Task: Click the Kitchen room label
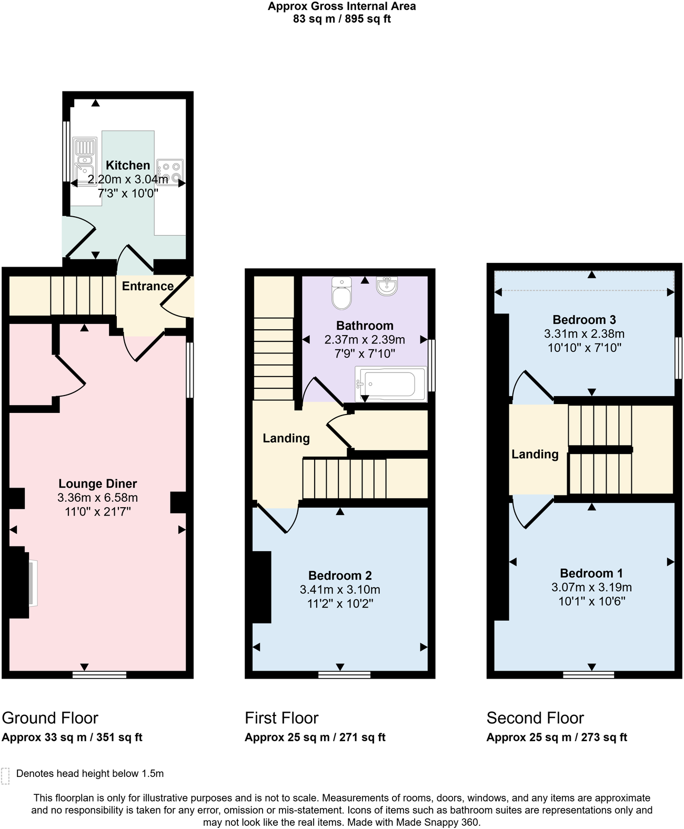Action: (128, 165)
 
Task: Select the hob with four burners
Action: (170, 171)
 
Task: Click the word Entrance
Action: (147, 286)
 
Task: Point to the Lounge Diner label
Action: (97, 483)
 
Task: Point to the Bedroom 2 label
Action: (340, 575)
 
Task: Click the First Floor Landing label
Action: (286, 438)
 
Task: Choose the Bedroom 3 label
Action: (584, 320)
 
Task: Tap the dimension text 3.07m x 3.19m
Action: (591, 588)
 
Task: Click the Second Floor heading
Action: (535, 718)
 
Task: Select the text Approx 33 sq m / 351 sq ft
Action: (72, 737)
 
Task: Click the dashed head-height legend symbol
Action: (5, 776)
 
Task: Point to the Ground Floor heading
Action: (50, 718)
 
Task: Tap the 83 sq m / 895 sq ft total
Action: (341, 19)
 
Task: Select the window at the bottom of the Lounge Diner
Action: (99, 674)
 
